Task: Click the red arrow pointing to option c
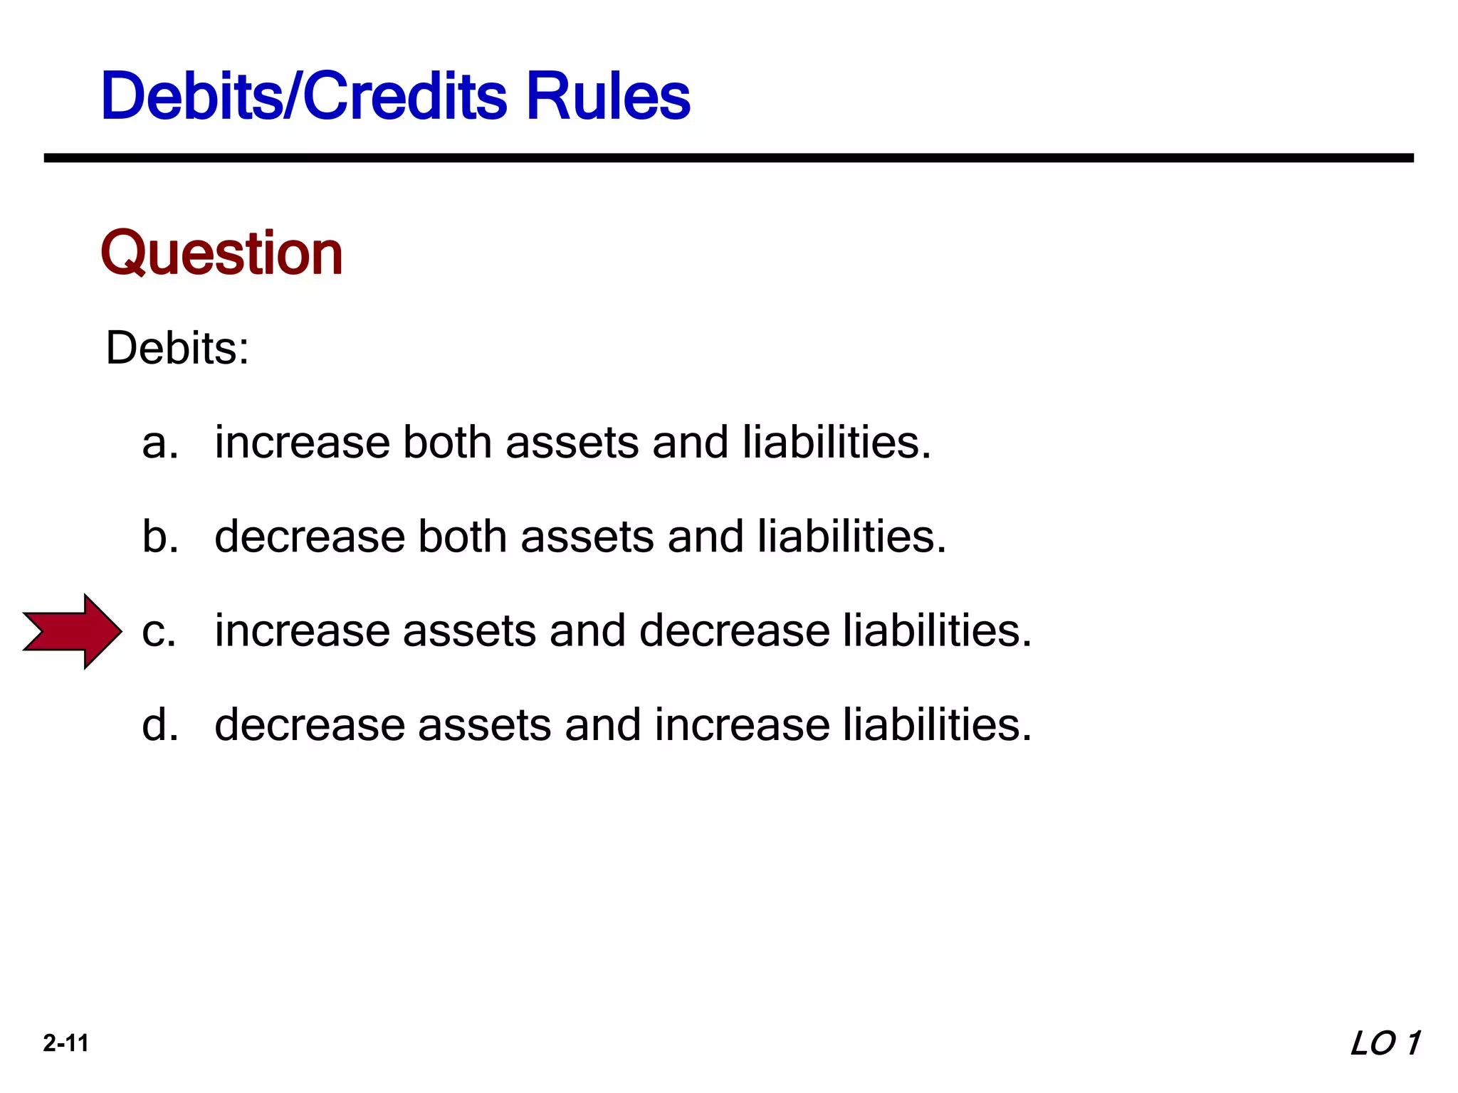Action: (x=73, y=631)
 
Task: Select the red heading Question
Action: (x=221, y=253)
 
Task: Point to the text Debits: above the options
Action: (x=177, y=349)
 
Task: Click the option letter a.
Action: (x=159, y=443)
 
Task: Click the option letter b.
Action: (x=159, y=537)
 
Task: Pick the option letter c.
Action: (x=158, y=632)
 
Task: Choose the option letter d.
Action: (x=159, y=725)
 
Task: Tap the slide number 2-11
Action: (x=65, y=1043)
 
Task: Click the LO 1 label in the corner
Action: (x=1385, y=1044)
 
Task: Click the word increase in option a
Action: (x=302, y=443)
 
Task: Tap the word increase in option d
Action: (x=741, y=725)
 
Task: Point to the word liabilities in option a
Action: (x=836, y=443)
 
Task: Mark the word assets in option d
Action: (x=484, y=725)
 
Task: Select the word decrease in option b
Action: (x=309, y=537)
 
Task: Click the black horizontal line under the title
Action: (x=728, y=158)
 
